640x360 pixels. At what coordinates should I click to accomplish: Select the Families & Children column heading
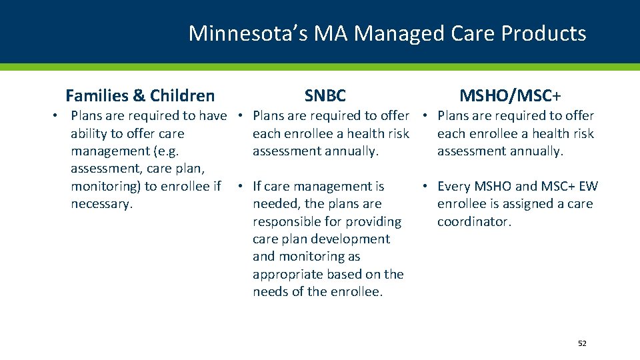click(x=140, y=96)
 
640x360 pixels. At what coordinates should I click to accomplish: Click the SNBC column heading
click(x=325, y=96)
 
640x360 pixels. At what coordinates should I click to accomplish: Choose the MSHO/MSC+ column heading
click(x=510, y=96)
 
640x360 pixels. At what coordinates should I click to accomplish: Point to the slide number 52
click(x=582, y=343)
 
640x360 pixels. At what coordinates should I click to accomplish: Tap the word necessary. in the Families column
click(x=101, y=204)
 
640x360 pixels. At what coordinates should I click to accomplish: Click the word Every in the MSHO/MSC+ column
click(x=453, y=187)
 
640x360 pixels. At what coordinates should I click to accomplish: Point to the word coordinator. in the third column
click(x=474, y=222)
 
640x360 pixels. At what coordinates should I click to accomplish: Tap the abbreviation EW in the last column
click(x=589, y=187)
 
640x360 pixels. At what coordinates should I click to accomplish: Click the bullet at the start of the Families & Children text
click(x=56, y=116)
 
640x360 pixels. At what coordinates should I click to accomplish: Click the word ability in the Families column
click(x=90, y=134)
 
